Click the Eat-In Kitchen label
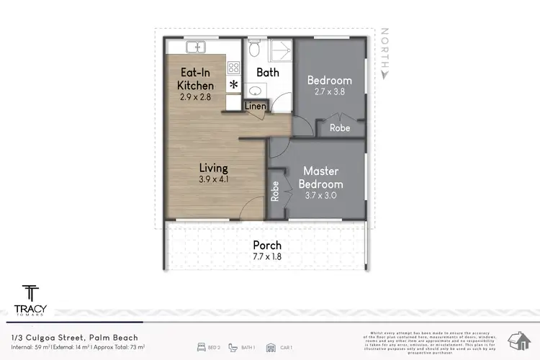[196, 78]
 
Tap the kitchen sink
[195, 48]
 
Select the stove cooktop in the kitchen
[233, 68]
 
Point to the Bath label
[268, 73]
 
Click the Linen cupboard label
[255, 107]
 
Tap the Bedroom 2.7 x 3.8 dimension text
[329, 91]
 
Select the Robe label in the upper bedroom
[340, 127]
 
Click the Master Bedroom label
[321, 177]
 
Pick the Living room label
[214, 168]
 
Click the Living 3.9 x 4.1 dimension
[214, 180]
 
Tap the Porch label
[267, 245]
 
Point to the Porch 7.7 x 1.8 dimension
[267, 256]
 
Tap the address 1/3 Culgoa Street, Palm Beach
[75, 337]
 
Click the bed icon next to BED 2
[202, 347]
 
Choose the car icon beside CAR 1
[269, 347]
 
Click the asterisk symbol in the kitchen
[233, 85]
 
